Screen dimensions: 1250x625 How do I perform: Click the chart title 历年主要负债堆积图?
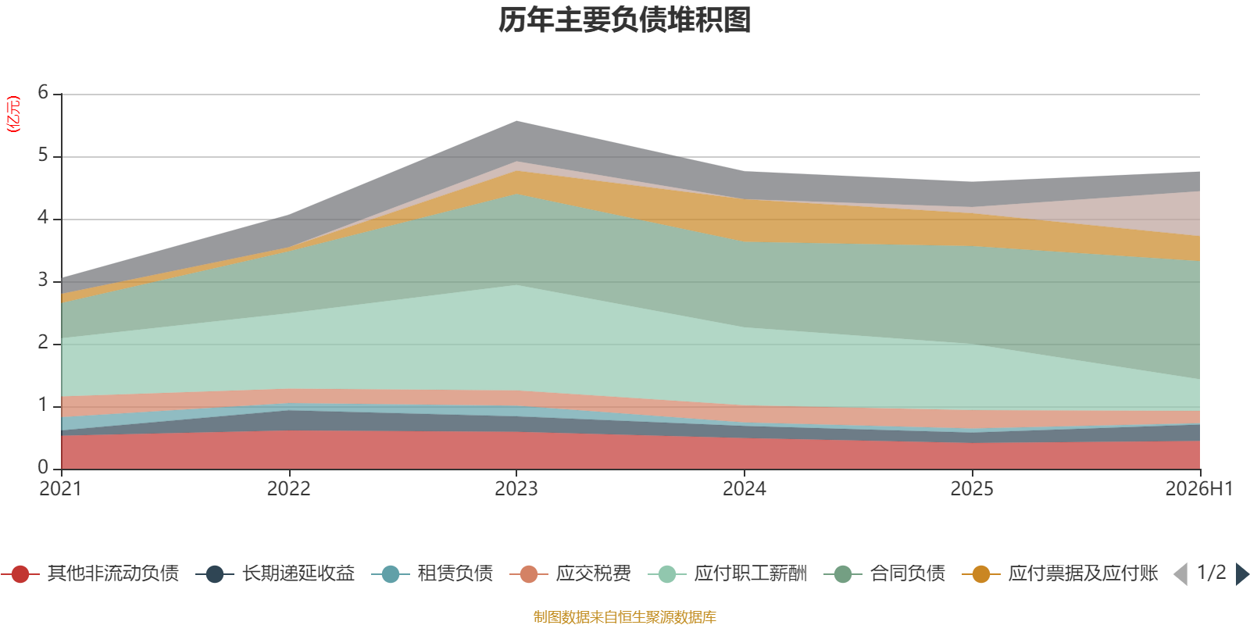[624, 20]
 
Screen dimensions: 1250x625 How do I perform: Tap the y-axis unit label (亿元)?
[12, 114]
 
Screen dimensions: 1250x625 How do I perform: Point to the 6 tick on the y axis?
[43, 92]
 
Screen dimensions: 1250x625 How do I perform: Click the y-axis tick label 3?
[43, 280]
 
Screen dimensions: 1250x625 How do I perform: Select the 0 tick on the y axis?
[43, 467]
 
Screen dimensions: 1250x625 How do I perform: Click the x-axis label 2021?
[61, 489]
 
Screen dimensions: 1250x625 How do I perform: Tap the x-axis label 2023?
[516, 489]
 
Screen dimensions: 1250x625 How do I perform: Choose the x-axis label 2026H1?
[1199, 489]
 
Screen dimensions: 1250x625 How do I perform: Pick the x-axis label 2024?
[745, 489]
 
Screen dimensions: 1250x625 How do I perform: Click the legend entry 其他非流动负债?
[90, 573]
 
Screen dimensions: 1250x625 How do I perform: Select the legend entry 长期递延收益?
[275, 573]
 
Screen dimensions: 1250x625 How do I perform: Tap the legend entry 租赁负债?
[433, 573]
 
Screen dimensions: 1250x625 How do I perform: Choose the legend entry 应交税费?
[570, 573]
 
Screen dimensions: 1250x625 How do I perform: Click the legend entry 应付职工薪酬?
[727, 573]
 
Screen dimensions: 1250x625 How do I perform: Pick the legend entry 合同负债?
[884, 573]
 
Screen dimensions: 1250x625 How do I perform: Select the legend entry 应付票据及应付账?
[1060, 573]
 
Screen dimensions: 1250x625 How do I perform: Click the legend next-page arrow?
[1242, 573]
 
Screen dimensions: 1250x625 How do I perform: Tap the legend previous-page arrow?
[1180, 573]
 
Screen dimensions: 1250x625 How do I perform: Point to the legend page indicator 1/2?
[1212, 573]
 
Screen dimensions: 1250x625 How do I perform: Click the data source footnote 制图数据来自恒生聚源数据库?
[624, 616]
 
